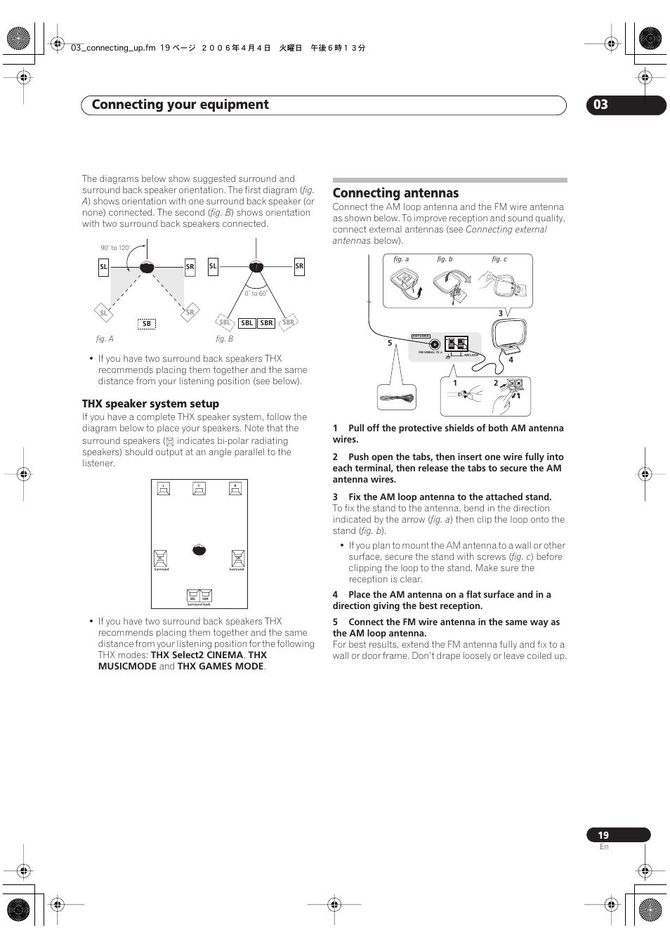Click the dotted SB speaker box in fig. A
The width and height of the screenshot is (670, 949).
(146, 324)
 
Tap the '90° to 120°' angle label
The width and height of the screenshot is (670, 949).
(115, 248)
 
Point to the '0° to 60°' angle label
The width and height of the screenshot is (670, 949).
(256, 294)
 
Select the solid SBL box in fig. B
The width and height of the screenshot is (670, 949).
(247, 323)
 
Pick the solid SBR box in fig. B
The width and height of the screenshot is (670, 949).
(266, 323)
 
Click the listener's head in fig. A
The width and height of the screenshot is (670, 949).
(147, 267)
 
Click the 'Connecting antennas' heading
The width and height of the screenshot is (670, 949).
(395, 193)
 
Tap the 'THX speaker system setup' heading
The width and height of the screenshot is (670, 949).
(150, 404)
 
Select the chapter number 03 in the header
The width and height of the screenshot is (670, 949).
(600, 105)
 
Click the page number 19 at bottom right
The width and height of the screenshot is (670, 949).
(603, 835)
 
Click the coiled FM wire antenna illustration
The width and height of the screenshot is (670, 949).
(397, 398)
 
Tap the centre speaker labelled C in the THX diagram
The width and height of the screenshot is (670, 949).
(199, 489)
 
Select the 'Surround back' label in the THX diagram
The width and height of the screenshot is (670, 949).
(199, 604)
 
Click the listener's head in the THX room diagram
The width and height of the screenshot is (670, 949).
(199, 549)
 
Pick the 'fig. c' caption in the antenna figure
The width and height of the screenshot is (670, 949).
(499, 259)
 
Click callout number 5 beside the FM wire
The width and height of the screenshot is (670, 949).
(390, 343)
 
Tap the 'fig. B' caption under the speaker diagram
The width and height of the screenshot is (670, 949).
(224, 339)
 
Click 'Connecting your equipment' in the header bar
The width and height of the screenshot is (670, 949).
(180, 105)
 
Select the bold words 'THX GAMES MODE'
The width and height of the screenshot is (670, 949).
(221, 667)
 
